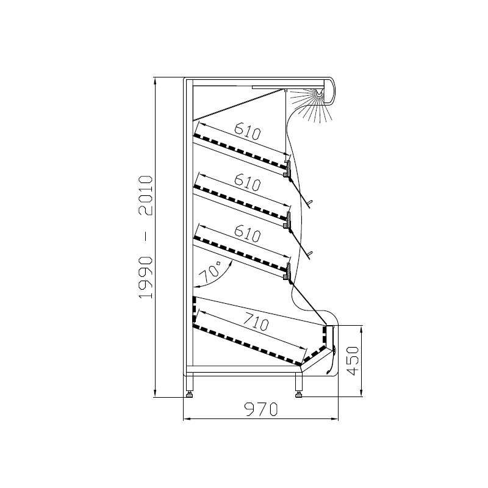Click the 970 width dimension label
[x=261, y=409]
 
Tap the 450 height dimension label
[x=353, y=361]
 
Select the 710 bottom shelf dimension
[x=256, y=321]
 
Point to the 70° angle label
[x=210, y=271]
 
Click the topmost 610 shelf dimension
[x=247, y=131]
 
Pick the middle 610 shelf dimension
[x=247, y=182]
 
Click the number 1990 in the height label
[x=146, y=278]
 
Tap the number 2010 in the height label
[x=146, y=195]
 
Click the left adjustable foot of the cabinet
[x=189, y=386]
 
